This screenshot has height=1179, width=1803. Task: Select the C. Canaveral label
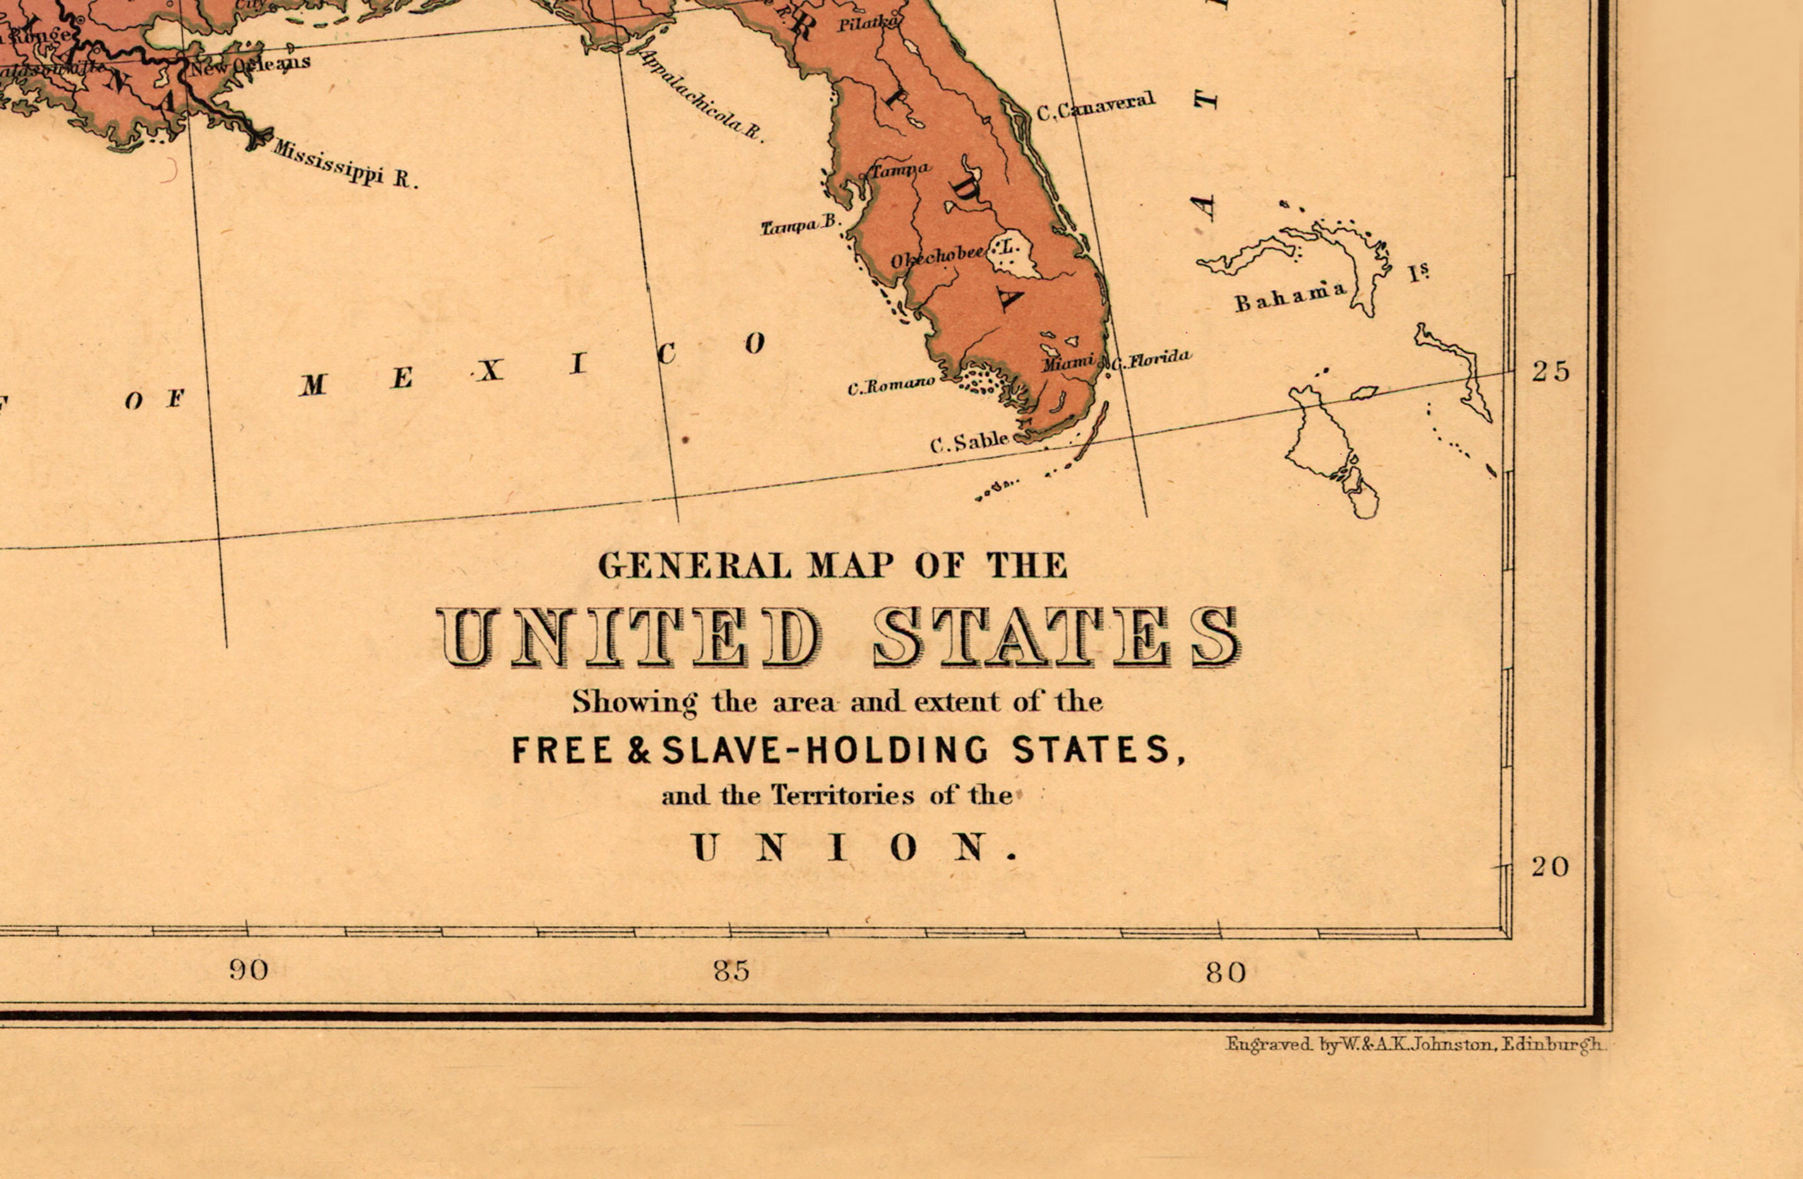click(x=1095, y=107)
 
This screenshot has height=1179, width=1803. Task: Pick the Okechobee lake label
click(x=939, y=257)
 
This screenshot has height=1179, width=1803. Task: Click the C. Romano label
click(x=890, y=387)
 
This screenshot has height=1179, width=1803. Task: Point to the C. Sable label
click(x=969, y=442)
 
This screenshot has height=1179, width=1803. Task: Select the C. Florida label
click(x=1151, y=359)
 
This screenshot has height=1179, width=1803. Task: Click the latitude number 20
click(x=1550, y=866)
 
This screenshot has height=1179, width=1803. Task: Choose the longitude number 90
click(x=249, y=970)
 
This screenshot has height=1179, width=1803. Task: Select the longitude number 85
click(x=731, y=971)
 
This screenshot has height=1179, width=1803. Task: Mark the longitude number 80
click(x=1226, y=972)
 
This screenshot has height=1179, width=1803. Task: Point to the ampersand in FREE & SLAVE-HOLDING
click(x=638, y=751)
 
